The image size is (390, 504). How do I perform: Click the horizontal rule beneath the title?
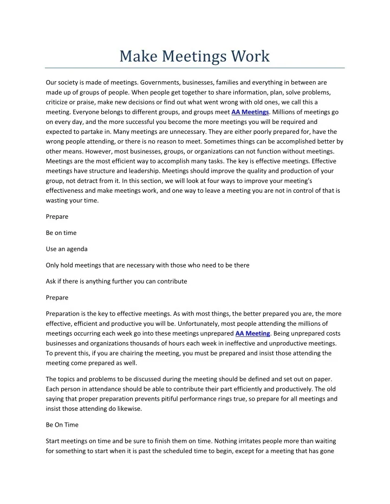[195, 68]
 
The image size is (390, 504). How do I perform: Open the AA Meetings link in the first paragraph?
[250, 112]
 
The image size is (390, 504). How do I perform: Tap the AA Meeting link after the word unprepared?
[253, 333]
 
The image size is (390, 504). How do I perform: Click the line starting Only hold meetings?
[147, 265]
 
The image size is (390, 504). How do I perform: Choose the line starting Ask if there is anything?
[116, 281]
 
